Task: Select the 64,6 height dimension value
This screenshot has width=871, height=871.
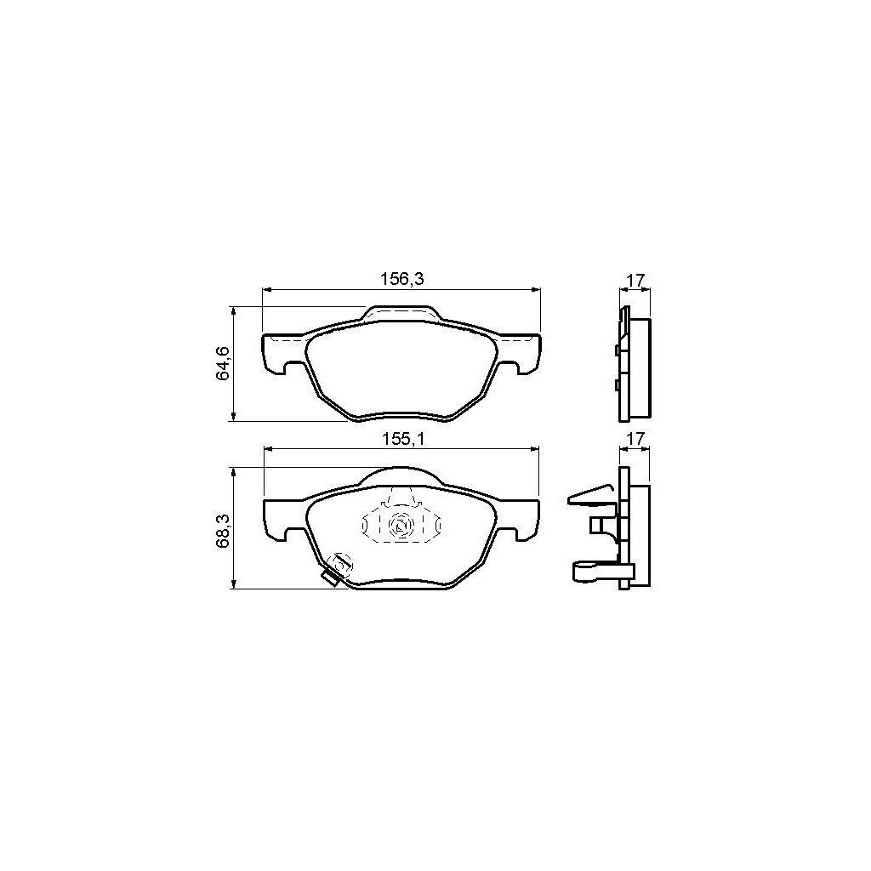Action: pyautogui.click(x=224, y=363)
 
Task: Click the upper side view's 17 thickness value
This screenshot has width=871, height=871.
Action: pyautogui.click(x=635, y=280)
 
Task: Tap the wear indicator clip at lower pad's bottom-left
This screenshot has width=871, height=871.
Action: pyautogui.click(x=335, y=569)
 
